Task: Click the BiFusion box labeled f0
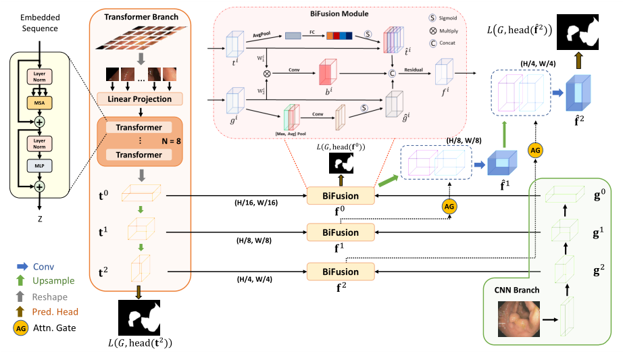tap(341, 196)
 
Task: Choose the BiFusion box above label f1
tap(341, 232)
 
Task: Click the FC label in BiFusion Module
tap(311, 30)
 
